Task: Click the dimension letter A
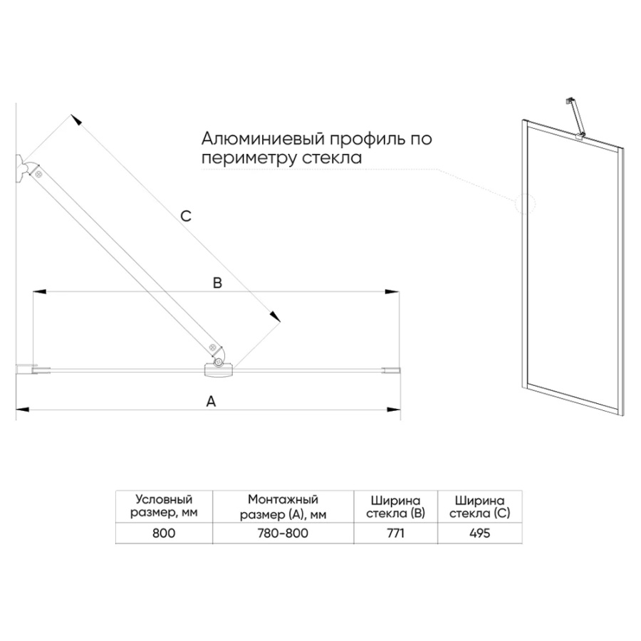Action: tap(211, 402)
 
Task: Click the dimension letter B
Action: tap(217, 283)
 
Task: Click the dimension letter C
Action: tap(186, 216)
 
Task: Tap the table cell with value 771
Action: tap(395, 533)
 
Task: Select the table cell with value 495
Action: tap(480, 533)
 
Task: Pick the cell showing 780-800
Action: tap(283, 533)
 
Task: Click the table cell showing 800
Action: tap(164, 533)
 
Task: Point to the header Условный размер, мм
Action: tap(164, 506)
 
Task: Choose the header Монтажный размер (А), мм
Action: tap(283, 506)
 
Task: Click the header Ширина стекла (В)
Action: tap(395, 507)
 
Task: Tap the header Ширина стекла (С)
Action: tap(480, 507)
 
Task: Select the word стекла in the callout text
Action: tap(332, 158)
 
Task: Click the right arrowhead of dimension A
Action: tap(393, 410)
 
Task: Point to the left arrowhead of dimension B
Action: tap(39, 292)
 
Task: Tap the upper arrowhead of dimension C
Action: tap(75, 119)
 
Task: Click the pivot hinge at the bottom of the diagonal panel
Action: tap(219, 365)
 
